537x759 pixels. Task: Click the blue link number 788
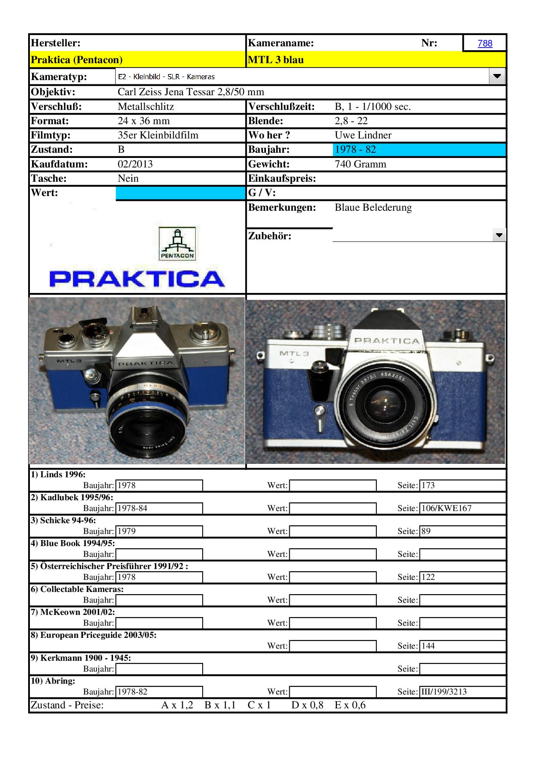coord(485,43)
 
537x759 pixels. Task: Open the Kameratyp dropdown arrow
coord(497,77)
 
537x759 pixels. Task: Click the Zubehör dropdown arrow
coord(499,235)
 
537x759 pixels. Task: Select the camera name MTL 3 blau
coord(276,60)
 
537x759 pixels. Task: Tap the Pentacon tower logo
coord(178,244)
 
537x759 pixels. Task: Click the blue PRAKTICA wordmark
coord(137,279)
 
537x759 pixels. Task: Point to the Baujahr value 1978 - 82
coord(355,150)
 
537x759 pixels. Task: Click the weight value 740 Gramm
coord(360,164)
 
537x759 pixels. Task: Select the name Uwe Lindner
coord(363,135)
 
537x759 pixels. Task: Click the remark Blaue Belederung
coord(373,207)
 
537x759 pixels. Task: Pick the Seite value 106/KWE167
coord(446,508)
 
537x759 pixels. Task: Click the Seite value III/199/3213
coord(444,691)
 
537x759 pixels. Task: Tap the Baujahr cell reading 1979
coord(126,531)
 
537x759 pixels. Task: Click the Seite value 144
coord(428,646)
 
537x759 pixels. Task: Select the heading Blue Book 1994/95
coord(72,543)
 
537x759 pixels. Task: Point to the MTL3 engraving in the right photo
coord(294,353)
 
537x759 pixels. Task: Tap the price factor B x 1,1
coord(220,705)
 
